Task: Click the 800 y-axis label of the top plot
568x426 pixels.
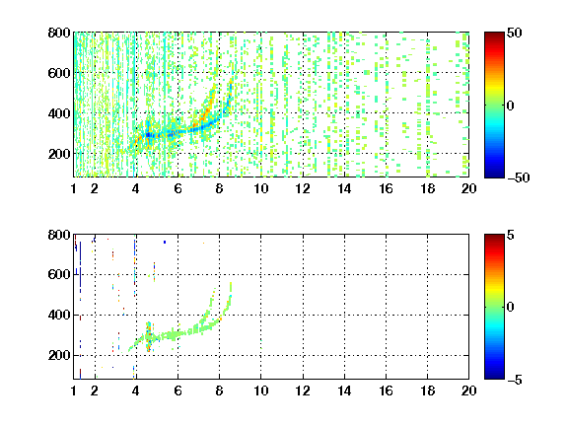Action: point(59,33)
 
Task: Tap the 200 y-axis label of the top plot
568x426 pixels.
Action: point(59,154)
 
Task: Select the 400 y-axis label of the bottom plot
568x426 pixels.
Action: point(59,315)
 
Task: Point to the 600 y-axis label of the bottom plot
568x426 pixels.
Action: point(59,274)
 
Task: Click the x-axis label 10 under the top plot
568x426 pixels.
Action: point(260,188)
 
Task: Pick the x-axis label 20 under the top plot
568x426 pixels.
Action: point(468,188)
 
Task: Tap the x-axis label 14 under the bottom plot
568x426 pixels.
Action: point(344,390)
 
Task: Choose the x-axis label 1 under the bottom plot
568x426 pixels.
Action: point(74,390)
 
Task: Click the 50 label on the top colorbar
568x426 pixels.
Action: point(514,33)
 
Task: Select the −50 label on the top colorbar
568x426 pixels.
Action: point(518,177)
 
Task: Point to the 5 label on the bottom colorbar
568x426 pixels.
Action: point(511,235)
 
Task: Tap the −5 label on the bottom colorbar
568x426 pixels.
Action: point(515,380)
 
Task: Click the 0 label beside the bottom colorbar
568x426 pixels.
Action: point(511,308)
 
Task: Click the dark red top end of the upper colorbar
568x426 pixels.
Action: point(494,35)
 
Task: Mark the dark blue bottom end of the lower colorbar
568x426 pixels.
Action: point(494,377)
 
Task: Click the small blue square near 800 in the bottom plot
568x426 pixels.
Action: point(165,242)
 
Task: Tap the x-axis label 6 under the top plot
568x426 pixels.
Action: point(177,188)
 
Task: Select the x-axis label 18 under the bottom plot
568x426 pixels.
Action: point(427,390)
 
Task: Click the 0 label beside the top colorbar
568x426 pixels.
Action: point(511,106)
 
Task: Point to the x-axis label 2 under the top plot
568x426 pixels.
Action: point(95,188)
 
